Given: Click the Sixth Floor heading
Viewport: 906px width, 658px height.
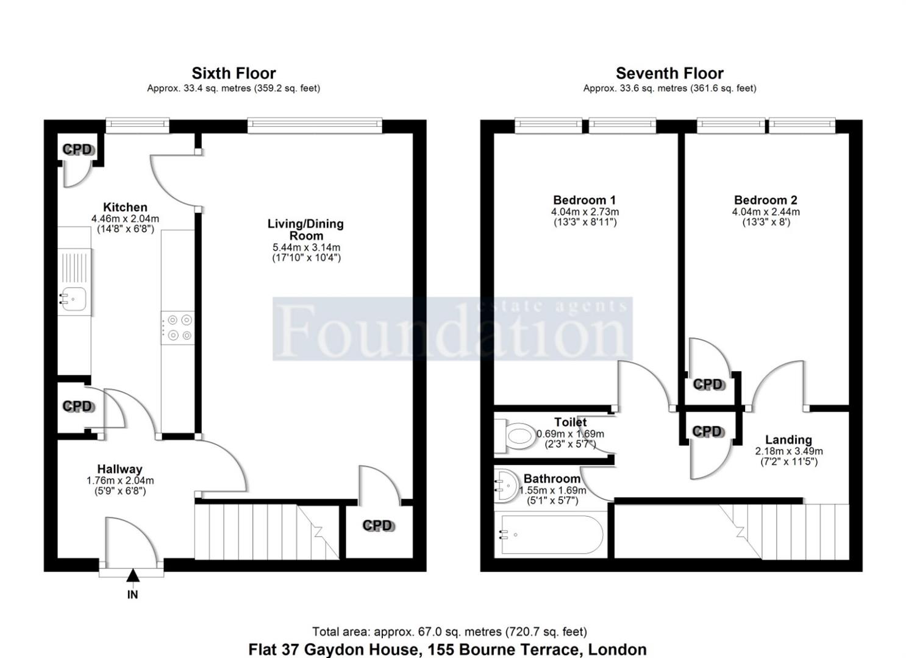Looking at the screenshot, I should point(234,74).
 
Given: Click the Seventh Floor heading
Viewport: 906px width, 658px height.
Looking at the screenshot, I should point(669,74).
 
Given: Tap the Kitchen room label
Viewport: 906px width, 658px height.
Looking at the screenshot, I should point(125,207).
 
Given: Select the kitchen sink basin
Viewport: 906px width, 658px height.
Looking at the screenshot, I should point(73,299).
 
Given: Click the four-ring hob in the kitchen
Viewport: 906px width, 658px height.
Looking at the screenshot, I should point(177,327).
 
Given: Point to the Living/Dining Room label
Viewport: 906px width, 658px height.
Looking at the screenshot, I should point(305,230).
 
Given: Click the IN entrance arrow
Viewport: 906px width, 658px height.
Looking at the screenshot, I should point(132,576).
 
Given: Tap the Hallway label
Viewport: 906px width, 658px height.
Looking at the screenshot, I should point(119,469).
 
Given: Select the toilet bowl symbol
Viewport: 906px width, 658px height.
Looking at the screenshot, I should point(518,436).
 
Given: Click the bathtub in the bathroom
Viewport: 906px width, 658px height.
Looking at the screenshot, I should point(552,535).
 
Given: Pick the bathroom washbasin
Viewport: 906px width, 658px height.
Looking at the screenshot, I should point(506,485).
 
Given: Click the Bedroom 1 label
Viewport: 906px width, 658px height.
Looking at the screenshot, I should point(584,200).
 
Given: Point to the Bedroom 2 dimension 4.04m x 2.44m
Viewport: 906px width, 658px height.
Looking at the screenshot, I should point(766,212).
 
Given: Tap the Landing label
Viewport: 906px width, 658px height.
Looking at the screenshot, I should point(788,440).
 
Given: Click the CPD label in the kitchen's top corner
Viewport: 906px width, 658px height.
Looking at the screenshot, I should point(77,149).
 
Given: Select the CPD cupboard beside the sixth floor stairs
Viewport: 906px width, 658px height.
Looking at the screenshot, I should point(378,525).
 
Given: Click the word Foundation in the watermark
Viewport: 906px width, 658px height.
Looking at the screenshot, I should point(452,331).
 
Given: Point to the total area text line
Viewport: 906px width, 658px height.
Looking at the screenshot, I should point(449,632).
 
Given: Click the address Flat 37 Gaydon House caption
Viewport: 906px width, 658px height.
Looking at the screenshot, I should point(447,649).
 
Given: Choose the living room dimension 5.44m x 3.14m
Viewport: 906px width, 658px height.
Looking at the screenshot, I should point(306,247).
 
